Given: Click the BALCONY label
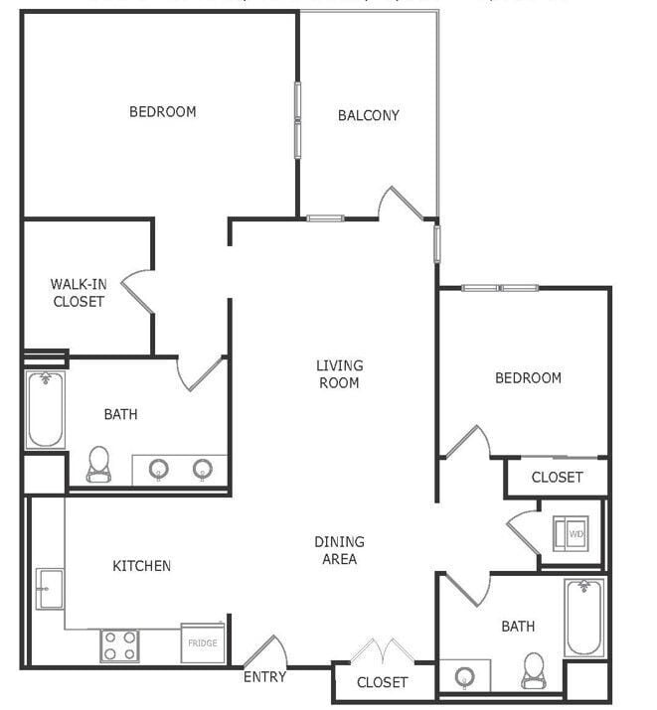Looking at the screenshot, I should pos(368,115).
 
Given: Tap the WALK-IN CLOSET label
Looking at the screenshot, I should pos(79,293).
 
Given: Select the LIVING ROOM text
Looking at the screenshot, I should pos(339,374).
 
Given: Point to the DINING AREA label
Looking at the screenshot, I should pos(339,550).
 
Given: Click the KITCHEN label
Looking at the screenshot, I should pos(141,566).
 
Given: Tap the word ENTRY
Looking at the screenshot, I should pos(264,677).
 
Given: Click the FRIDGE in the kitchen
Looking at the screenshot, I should pos(203,643).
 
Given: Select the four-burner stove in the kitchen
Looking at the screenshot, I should pos(119,645).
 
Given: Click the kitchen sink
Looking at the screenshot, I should pos(49,588).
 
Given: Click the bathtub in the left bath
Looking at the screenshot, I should pos(45,409).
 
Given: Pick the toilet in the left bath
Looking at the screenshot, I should pos(98,463).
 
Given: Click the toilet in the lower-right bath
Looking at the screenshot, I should pos(534,670).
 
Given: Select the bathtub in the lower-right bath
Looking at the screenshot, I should pos(583,618).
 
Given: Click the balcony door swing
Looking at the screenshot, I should pos(401,204).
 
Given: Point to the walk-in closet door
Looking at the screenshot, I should pos(137,290).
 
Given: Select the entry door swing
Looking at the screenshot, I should pos(265,651).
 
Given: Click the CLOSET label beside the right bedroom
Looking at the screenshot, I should pos(557,478).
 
